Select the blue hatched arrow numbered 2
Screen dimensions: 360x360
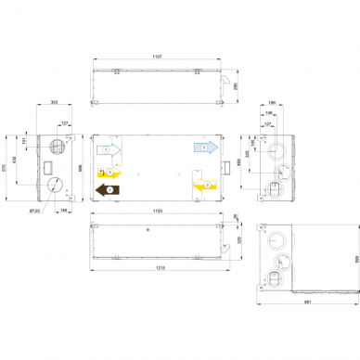point(204,147)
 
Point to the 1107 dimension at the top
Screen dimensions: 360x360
point(157,58)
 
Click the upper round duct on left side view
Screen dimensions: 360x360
point(57,145)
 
